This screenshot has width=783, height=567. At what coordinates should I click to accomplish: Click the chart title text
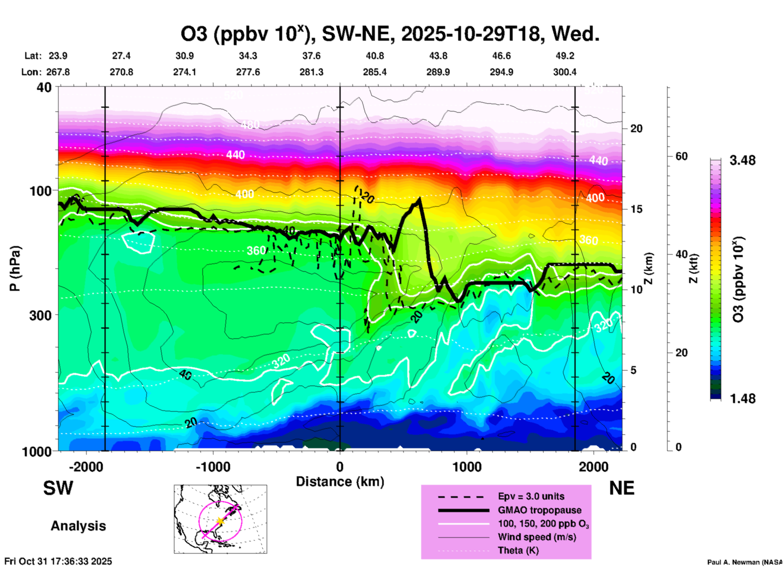[x=390, y=34]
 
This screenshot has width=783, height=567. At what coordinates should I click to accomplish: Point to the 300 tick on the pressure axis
[x=40, y=315]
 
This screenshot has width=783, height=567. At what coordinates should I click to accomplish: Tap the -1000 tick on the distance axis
[x=213, y=467]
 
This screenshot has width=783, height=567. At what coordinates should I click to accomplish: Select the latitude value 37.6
[x=311, y=56]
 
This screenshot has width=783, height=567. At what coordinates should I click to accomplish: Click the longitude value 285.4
[x=374, y=72]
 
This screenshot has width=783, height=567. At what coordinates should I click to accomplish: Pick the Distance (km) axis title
[x=340, y=482]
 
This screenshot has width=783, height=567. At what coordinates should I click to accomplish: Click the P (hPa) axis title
[x=15, y=268]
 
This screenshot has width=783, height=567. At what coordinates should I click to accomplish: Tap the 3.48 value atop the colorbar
[x=742, y=160]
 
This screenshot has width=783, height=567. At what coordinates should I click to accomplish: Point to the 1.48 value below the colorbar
[x=742, y=399]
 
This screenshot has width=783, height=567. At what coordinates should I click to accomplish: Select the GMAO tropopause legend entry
[x=539, y=510]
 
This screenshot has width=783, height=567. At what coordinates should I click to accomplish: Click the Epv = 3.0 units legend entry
[x=531, y=496]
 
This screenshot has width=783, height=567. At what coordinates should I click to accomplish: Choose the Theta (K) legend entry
[x=518, y=550]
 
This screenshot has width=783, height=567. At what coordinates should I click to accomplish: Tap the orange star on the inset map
[x=220, y=521]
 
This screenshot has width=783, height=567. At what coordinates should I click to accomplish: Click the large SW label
[x=58, y=488]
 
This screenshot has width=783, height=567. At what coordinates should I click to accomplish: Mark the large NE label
[x=622, y=488]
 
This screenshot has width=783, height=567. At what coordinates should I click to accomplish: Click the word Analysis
[x=78, y=526]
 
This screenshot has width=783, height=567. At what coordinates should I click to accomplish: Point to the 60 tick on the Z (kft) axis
[x=681, y=156]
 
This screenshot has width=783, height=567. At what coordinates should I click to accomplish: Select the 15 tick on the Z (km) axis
[x=636, y=209]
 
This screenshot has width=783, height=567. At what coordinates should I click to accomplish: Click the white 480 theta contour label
[x=250, y=124]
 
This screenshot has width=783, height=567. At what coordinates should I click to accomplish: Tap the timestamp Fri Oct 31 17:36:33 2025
[x=58, y=561]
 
